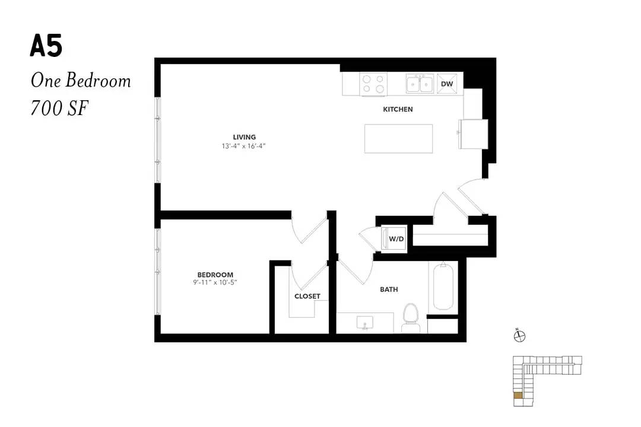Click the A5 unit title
pyautogui.click(x=46, y=46)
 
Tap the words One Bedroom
pyautogui.click(x=81, y=81)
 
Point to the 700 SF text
pyautogui.click(x=59, y=109)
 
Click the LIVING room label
pyautogui.click(x=245, y=138)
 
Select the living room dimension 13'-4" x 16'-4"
pyautogui.click(x=244, y=146)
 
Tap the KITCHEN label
pyautogui.click(x=398, y=109)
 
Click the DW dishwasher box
pyautogui.click(x=447, y=84)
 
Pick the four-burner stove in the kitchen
pyautogui.click(x=373, y=84)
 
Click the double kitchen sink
pyautogui.click(x=420, y=84)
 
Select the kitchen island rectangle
pyautogui.click(x=399, y=139)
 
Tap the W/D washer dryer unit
pyautogui.click(x=394, y=238)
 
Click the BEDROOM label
pyautogui.click(x=215, y=275)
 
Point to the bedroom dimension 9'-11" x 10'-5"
pyautogui.click(x=215, y=282)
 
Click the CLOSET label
pyautogui.click(x=307, y=297)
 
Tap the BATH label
pyautogui.click(x=389, y=289)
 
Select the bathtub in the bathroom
pyautogui.click(x=443, y=286)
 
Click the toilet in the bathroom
pyautogui.click(x=411, y=318)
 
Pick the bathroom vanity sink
pyautogui.click(x=364, y=322)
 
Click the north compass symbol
pyautogui.click(x=519, y=336)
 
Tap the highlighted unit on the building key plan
pyautogui.click(x=518, y=395)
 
